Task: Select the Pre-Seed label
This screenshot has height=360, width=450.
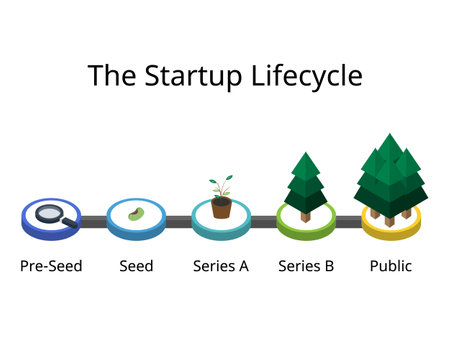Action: [x=51, y=267]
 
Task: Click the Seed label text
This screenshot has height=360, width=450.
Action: [x=136, y=267]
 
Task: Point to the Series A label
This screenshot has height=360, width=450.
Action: [x=221, y=267]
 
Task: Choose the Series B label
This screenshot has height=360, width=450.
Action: [x=306, y=267]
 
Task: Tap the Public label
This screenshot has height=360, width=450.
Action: [x=390, y=267]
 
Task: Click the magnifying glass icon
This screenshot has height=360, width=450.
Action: [x=50, y=212]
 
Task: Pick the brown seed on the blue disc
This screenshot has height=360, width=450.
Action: [x=136, y=214]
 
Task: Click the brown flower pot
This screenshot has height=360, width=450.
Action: [x=221, y=208]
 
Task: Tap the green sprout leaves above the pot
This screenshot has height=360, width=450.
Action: [x=221, y=189]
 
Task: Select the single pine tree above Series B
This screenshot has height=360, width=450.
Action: [x=306, y=180]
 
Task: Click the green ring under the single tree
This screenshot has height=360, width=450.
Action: [x=306, y=231]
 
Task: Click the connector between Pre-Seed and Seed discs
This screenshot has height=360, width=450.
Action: [x=93, y=221]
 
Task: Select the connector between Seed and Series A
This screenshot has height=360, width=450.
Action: [x=178, y=221]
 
